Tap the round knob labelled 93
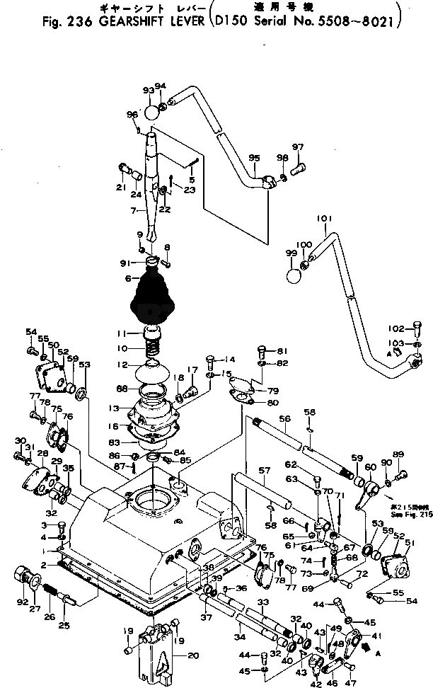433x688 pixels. pyautogui.click(x=152, y=112)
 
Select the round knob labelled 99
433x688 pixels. pyautogui.click(x=293, y=274)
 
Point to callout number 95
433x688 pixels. pyautogui.click(x=254, y=157)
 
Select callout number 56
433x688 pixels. pyautogui.click(x=284, y=418)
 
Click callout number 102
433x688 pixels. pyautogui.click(x=396, y=328)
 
